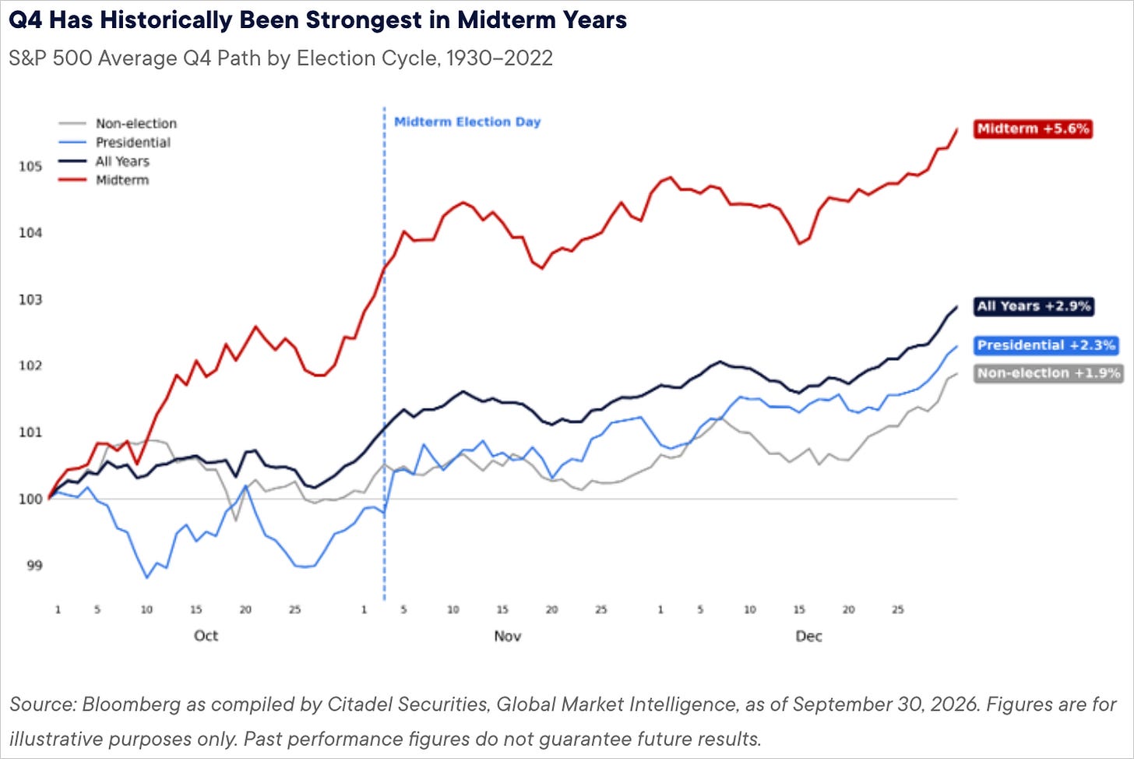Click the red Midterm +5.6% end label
click(1033, 129)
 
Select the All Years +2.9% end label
click(1034, 306)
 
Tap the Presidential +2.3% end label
click(1046, 345)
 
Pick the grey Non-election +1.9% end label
click(1048, 373)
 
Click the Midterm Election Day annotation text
click(467, 122)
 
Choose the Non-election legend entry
click(118, 124)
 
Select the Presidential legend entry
click(114, 143)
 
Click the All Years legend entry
click(104, 161)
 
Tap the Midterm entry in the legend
click(104, 180)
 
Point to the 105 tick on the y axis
click(30, 166)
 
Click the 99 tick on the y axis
click(34, 566)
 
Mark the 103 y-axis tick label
click(30, 299)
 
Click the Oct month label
click(206, 636)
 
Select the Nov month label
click(508, 636)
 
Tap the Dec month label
click(809, 636)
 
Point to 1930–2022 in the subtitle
click(499, 58)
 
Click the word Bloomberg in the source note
click(131, 704)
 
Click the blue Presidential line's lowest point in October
click(147, 577)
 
